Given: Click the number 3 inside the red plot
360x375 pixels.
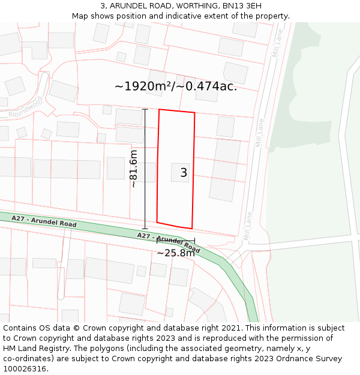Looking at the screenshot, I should [184, 173].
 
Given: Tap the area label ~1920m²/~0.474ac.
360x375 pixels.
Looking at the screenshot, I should [176, 86].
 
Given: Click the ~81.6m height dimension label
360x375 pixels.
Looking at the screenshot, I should [134, 169].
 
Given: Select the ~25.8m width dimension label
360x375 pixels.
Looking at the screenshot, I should [175, 253].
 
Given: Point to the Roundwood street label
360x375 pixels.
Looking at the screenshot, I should [26, 106].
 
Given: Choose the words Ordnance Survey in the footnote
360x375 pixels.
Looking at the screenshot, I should [310, 359].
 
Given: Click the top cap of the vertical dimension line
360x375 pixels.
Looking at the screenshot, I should [145, 109].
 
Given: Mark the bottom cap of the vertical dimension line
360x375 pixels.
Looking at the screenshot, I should [145, 229].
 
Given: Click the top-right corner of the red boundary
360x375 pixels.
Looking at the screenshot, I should [195, 113].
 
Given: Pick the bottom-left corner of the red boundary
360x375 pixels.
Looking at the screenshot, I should [157, 222].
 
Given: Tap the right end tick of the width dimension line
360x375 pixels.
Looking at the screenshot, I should [194, 241].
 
